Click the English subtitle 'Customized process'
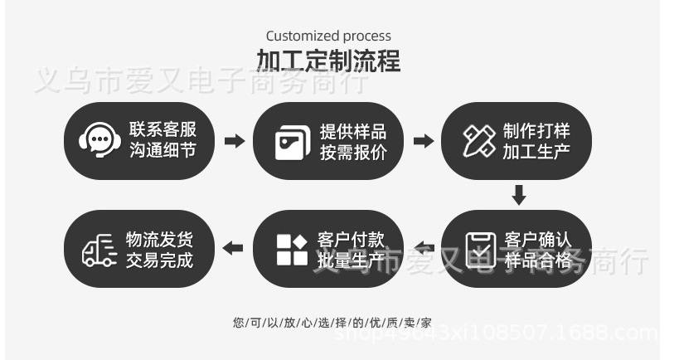point(328,36)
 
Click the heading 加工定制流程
point(328,61)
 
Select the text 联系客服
point(162,129)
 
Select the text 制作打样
point(536,131)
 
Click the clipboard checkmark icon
point(481,248)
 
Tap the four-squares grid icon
point(292,249)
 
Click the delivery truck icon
point(99,249)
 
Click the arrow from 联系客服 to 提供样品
point(235,141)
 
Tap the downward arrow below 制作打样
point(519,196)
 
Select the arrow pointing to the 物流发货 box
point(235,248)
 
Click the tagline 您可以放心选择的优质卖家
point(332,322)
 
